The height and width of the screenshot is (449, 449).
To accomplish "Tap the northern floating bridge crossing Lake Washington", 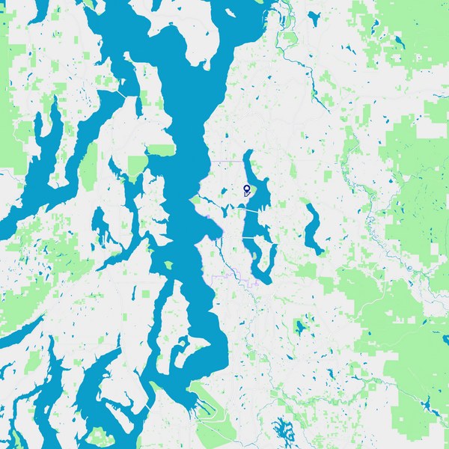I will click(x=251, y=212).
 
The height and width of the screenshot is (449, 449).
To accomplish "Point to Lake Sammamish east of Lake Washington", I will click(x=311, y=228).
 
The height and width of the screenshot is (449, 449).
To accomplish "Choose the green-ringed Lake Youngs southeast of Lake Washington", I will click(x=301, y=327).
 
